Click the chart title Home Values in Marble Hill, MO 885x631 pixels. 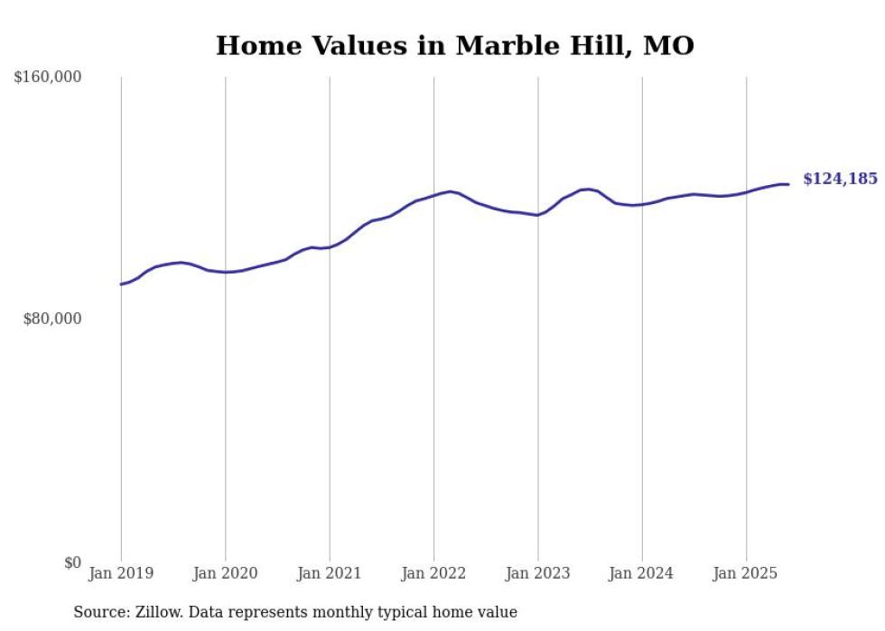pyautogui.click(x=454, y=45)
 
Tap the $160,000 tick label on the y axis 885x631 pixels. pyautogui.click(x=48, y=78)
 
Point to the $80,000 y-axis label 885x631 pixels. pyautogui.click(x=51, y=319)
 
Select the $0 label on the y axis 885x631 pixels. pyautogui.click(x=72, y=562)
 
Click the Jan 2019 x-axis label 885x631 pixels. pyautogui.click(x=121, y=573)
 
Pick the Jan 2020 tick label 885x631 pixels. pyautogui.click(x=225, y=573)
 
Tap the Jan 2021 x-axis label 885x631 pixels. pyautogui.click(x=330, y=573)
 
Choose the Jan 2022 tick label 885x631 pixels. pyautogui.click(x=433, y=573)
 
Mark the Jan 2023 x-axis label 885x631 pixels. pyautogui.click(x=538, y=573)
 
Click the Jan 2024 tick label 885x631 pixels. pyautogui.click(x=642, y=573)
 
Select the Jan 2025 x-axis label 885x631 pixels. pyautogui.click(x=746, y=573)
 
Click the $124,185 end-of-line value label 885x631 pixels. pyautogui.click(x=840, y=179)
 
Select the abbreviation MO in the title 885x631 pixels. pyautogui.click(x=668, y=45)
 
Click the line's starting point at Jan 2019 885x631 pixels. pyautogui.click(x=121, y=284)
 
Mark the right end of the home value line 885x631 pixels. pyautogui.click(x=788, y=184)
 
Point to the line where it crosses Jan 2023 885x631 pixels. pyautogui.click(x=538, y=215)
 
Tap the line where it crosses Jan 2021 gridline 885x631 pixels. pyautogui.click(x=330, y=246)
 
